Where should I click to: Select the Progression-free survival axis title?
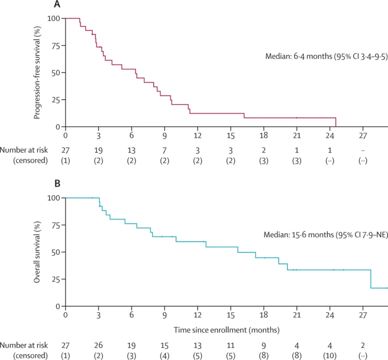pyautogui.click(x=37, y=72)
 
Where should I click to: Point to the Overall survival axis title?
pyautogui.click(x=37, y=252)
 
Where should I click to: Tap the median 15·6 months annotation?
pyautogui.click(x=325, y=235)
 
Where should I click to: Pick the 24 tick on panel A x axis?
pyautogui.click(x=330, y=135)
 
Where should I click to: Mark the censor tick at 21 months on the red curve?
pyautogui.click(x=297, y=118)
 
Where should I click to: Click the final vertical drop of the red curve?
pyautogui.click(x=336, y=122)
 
